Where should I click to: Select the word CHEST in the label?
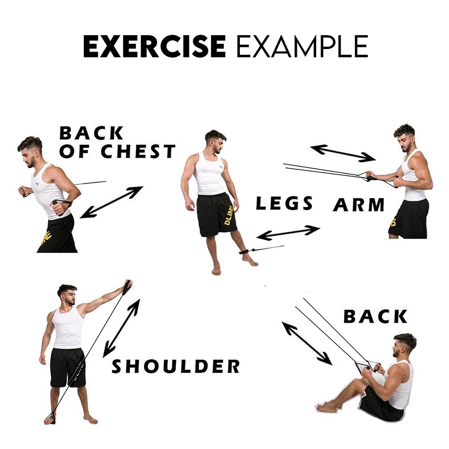click(x=138, y=151)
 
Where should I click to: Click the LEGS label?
click(x=284, y=203)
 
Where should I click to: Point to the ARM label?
click(x=359, y=204)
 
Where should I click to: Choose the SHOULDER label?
click(x=175, y=366)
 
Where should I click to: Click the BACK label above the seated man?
click(x=375, y=316)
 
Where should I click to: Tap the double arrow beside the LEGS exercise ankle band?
click(x=288, y=232)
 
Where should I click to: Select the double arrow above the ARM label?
click(x=343, y=153)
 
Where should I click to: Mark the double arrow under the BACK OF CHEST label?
click(x=111, y=202)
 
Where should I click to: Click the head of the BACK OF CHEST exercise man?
click(x=30, y=152)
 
